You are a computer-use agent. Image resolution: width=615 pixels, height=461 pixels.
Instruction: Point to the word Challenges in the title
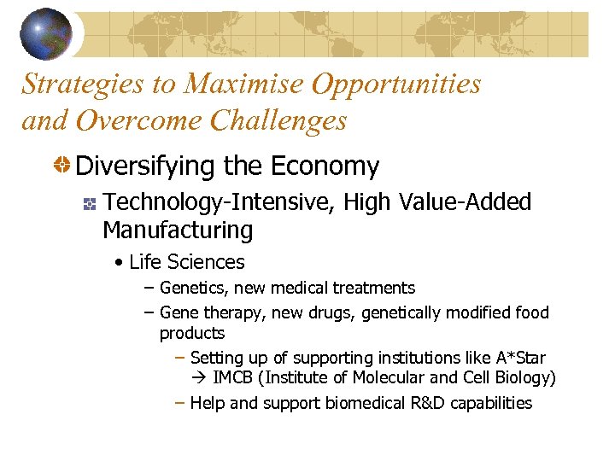278,121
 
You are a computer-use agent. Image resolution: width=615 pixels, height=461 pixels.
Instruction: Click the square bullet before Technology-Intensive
88,203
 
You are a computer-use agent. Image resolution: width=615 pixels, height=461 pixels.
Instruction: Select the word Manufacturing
177,230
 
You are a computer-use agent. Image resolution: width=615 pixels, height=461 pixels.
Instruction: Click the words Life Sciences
186,262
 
